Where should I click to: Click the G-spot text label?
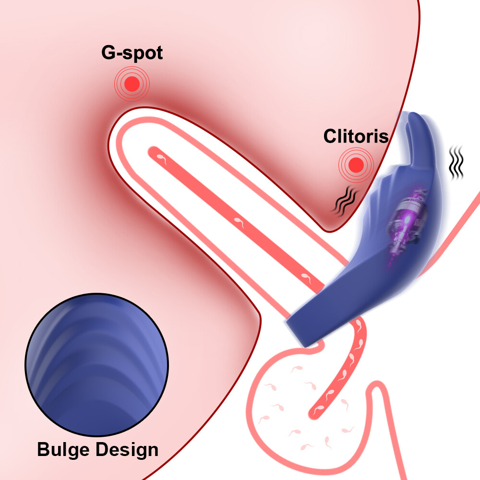point(132,53)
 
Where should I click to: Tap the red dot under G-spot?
point(132,84)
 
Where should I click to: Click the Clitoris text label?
point(356,136)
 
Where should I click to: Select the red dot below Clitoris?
point(356,165)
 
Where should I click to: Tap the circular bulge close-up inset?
point(97,365)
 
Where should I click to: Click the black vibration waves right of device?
point(456,162)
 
